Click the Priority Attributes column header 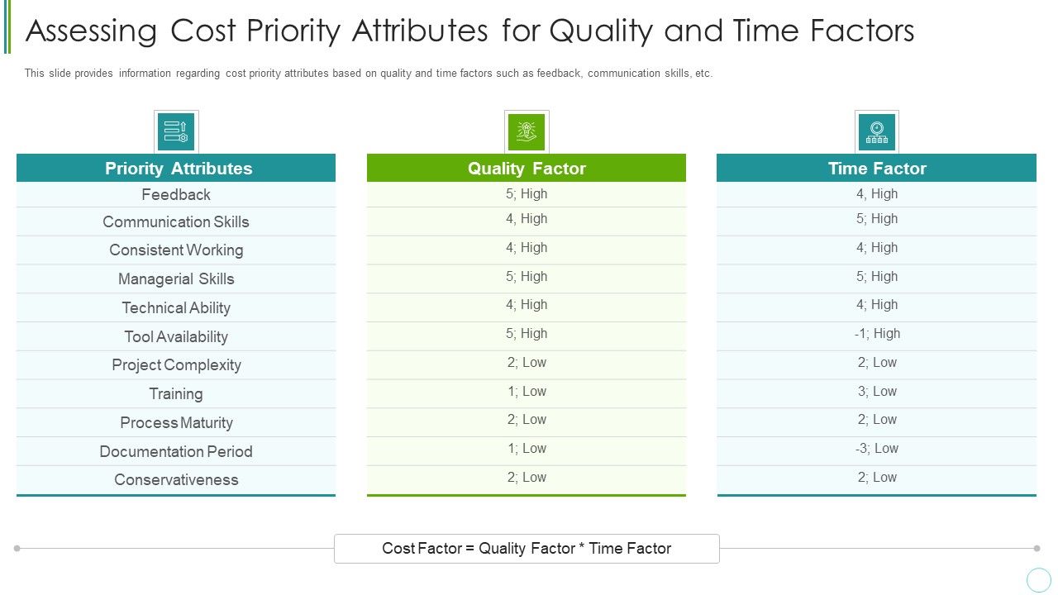click(179, 169)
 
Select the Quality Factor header click(527, 169)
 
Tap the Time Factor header click(877, 169)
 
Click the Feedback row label click(176, 195)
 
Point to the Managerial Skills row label click(176, 279)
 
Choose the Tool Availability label click(176, 336)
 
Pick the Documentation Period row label click(176, 451)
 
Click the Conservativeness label click(176, 480)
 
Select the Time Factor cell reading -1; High click(877, 334)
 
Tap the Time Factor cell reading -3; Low click(877, 449)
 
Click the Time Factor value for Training click(877, 392)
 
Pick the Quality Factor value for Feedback click(527, 194)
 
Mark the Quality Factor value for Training click(527, 392)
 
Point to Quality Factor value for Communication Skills click(527, 219)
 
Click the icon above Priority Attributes click(176, 131)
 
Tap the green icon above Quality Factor click(527, 131)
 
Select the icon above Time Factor click(877, 131)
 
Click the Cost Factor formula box click(527, 549)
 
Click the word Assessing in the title click(92, 31)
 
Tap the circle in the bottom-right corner click(1038, 579)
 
